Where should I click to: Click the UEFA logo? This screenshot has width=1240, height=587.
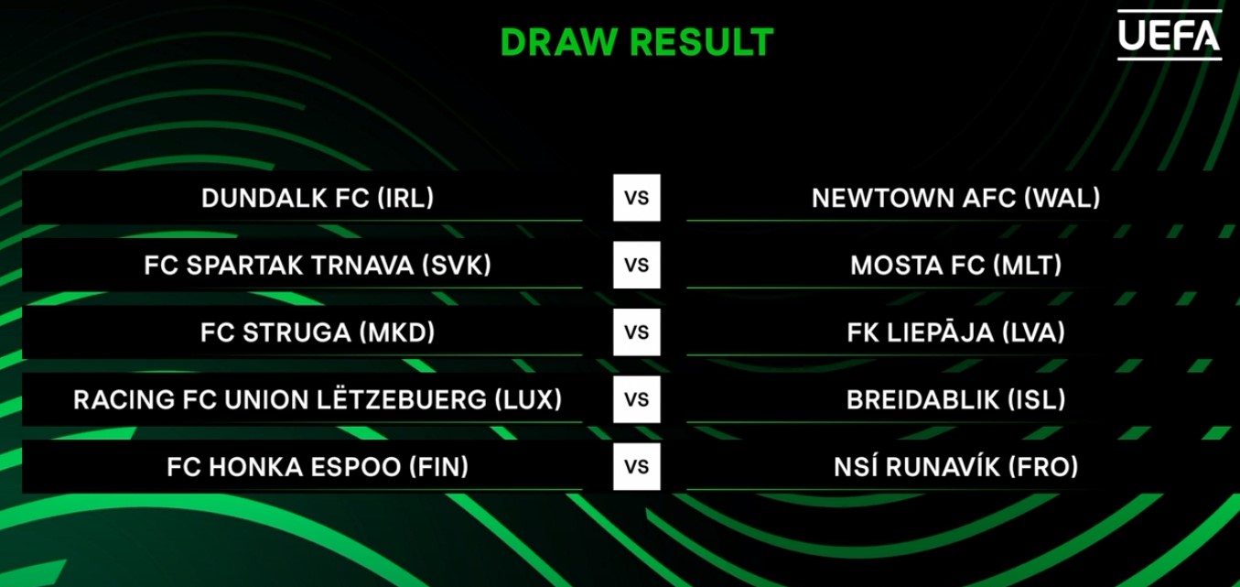[1170, 35]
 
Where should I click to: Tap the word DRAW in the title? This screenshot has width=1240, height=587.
[559, 42]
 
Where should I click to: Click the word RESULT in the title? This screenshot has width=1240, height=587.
[702, 42]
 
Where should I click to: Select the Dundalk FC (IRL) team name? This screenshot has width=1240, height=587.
[318, 198]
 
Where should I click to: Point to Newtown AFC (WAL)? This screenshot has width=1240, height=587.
[956, 198]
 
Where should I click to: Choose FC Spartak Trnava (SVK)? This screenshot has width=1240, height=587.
[318, 266]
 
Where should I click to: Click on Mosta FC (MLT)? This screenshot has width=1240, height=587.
[956, 266]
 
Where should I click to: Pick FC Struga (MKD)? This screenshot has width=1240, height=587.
[318, 332]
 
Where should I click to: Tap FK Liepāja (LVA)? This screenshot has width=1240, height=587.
[956, 332]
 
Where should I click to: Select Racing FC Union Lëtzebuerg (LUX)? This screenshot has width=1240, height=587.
[318, 398]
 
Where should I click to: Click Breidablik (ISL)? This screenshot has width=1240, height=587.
[956, 400]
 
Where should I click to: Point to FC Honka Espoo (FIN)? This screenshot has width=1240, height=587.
[318, 467]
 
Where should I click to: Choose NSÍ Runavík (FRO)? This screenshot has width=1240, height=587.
[956, 466]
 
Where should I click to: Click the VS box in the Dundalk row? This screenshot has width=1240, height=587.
[637, 198]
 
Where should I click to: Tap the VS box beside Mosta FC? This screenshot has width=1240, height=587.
[637, 265]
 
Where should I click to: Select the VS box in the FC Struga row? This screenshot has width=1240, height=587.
[637, 332]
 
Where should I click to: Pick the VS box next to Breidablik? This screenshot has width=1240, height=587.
[637, 399]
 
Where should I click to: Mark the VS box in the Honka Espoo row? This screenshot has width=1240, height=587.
[637, 466]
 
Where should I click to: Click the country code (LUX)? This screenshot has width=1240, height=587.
[528, 400]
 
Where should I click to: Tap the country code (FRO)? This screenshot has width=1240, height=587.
[1043, 467]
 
